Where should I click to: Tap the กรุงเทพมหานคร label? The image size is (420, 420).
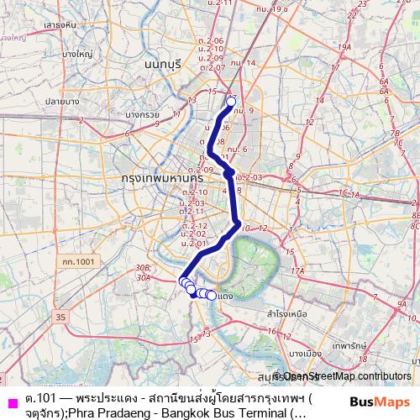157,179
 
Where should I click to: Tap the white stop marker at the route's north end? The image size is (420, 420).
232,102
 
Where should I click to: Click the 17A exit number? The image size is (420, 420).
297,270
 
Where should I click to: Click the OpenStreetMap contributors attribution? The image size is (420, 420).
344,376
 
